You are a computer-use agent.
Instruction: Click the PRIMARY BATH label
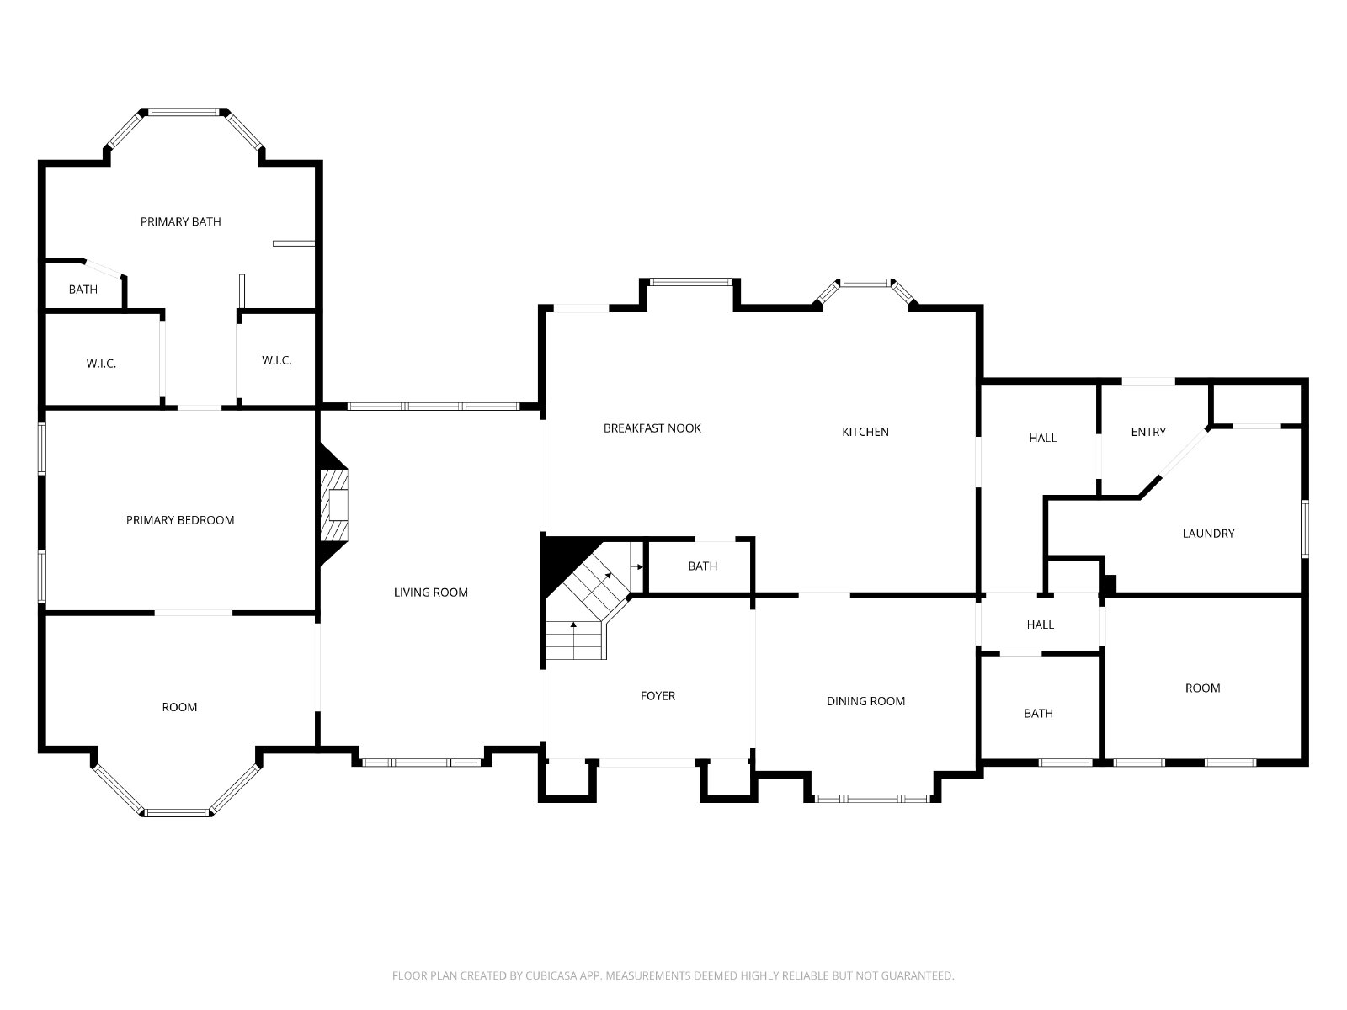[180, 221]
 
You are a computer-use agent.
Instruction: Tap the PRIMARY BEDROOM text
[180, 520]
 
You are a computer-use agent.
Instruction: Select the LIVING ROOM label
[431, 593]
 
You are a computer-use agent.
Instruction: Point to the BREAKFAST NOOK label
[652, 428]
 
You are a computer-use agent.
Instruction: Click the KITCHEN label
[865, 432]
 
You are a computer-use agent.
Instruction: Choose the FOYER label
[658, 695]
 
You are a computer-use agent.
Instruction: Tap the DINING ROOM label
[866, 701]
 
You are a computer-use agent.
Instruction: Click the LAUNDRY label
[1208, 534]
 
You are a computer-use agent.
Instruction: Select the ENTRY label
[1148, 432]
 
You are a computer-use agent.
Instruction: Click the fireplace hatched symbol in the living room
[334, 505]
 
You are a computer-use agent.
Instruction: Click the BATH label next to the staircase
[703, 566]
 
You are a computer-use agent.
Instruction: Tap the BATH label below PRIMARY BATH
[83, 290]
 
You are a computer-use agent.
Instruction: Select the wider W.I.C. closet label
[101, 364]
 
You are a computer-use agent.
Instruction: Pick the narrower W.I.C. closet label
[277, 360]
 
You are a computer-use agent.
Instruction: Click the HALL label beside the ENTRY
[1042, 438]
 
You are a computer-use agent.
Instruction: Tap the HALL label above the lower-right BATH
[1041, 625]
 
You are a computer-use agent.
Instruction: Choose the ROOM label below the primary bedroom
[179, 707]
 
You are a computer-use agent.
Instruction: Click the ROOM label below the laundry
[1203, 688]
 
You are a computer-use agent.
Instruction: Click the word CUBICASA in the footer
[551, 975]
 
